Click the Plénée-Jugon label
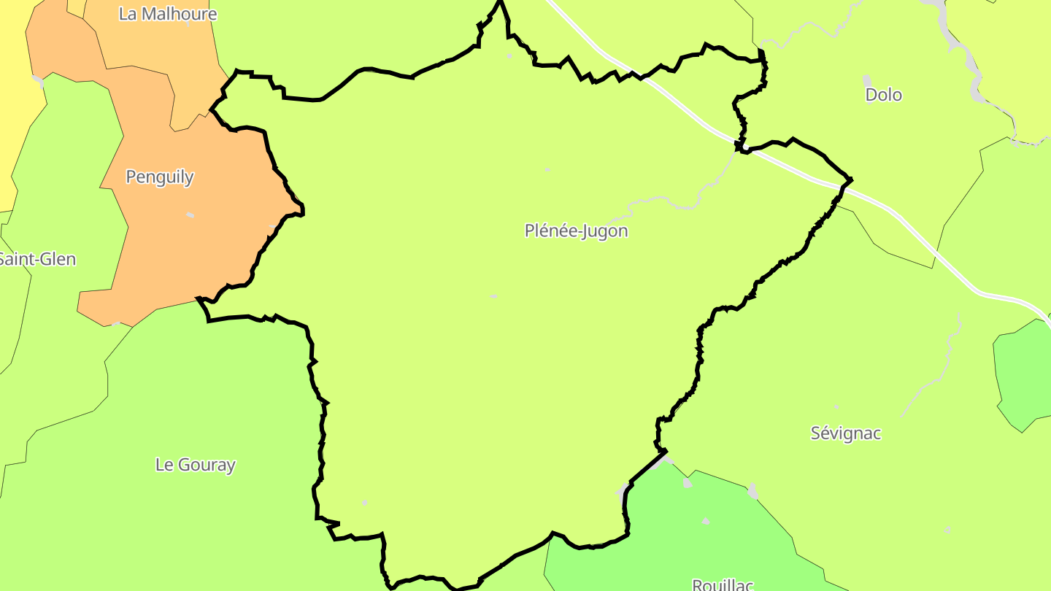[x=576, y=231]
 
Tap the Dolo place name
[x=883, y=95]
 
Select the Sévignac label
[x=846, y=433]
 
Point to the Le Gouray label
[x=196, y=465]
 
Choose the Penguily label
[x=160, y=177]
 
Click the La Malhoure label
[x=168, y=14]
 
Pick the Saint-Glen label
[x=36, y=259]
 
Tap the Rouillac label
[x=722, y=584]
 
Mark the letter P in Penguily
[x=131, y=177]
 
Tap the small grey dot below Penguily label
[x=190, y=215]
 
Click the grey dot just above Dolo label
[x=867, y=79]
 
